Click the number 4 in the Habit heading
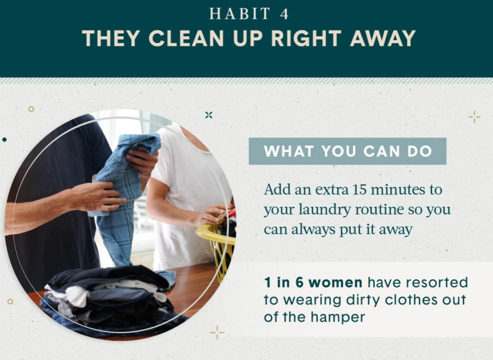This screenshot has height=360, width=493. (x=284, y=14)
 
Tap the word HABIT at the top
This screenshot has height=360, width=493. (x=240, y=14)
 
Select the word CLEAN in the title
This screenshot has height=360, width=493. (x=186, y=38)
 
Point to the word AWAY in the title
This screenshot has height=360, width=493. (x=383, y=38)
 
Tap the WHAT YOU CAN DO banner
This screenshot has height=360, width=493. (x=348, y=151)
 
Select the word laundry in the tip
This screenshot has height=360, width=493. (x=324, y=210)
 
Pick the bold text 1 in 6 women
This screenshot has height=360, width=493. (x=313, y=282)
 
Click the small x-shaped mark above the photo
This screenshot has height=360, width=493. (x=209, y=115)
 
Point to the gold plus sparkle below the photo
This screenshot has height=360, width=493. (x=217, y=332)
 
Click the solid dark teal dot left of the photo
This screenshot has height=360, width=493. (x=4, y=139)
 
